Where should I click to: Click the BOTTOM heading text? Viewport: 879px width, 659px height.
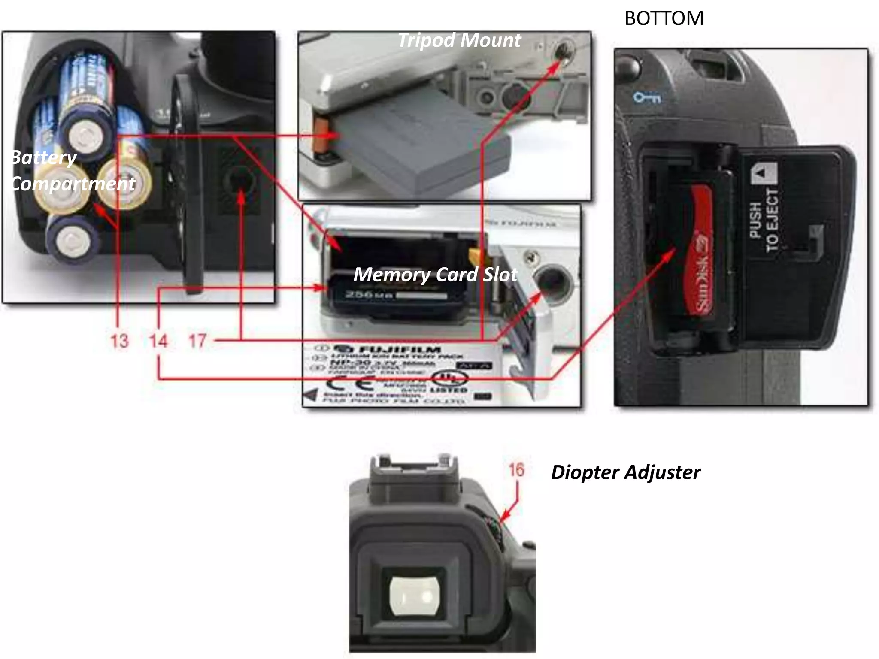pyautogui.click(x=664, y=18)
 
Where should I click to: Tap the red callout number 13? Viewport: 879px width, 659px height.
pyautogui.click(x=119, y=341)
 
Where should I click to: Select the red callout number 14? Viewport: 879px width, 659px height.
pyautogui.click(x=158, y=341)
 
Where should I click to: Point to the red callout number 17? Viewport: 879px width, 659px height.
pyautogui.click(x=197, y=341)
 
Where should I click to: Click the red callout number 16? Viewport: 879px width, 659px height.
pyautogui.click(x=516, y=469)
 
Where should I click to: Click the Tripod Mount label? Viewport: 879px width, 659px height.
pyautogui.click(x=459, y=40)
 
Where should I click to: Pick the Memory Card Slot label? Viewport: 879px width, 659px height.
pyautogui.click(x=435, y=275)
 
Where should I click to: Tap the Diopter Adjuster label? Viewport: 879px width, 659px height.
pyautogui.click(x=625, y=472)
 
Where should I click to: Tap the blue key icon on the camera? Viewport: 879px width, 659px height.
pyautogui.click(x=646, y=98)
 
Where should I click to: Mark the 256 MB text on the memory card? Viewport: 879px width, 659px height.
pyautogui.click(x=369, y=295)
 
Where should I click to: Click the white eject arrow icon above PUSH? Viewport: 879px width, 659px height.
pyautogui.click(x=763, y=174)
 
